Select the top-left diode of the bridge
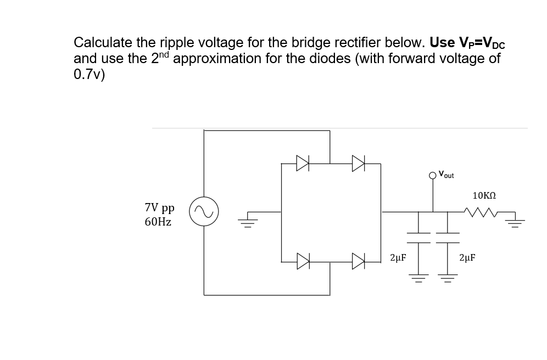[302, 162]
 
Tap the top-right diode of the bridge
[358, 162]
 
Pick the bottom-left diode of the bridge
[302, 261]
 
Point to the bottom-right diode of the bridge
[358, 261]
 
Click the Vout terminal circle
[432, 176]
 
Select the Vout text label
[446, 175]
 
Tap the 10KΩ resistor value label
[484, 195]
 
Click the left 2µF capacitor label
[398, 257]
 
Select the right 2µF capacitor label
[467, 257]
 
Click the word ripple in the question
[176, 43]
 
